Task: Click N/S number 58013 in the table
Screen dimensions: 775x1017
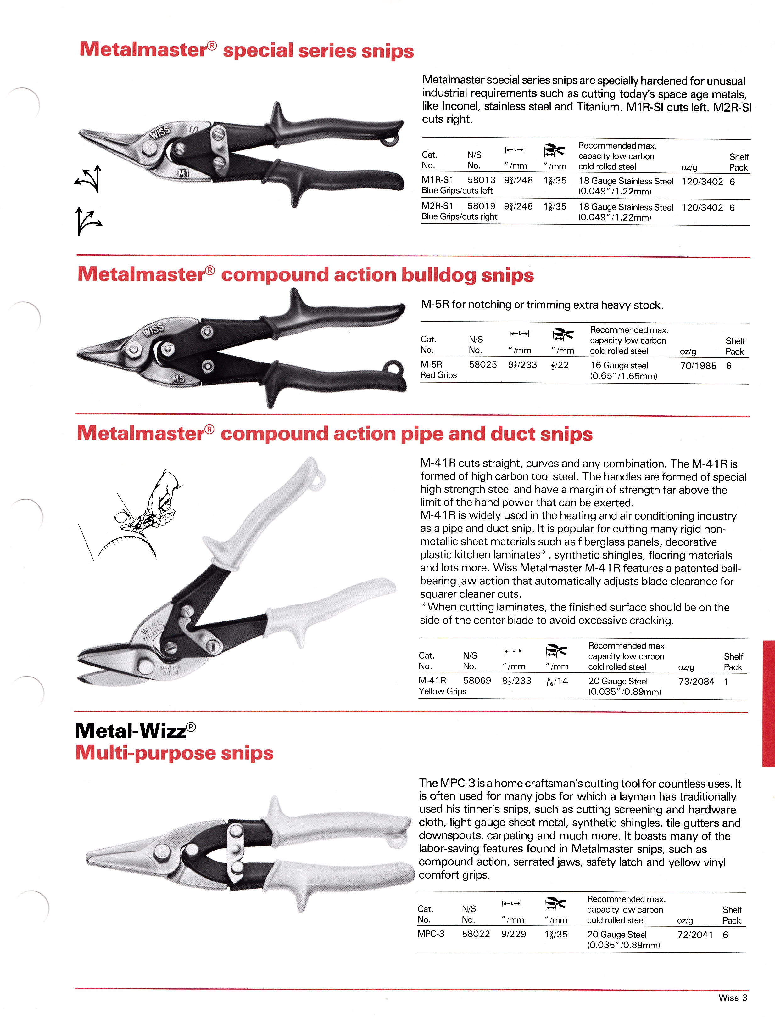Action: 481,180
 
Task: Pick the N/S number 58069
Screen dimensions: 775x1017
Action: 477,681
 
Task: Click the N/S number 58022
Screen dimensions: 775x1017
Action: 476,934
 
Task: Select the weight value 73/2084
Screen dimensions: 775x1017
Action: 696,682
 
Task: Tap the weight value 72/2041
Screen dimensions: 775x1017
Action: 695,935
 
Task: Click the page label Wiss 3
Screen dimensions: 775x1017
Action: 733,997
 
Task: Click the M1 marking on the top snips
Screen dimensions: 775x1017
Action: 184,173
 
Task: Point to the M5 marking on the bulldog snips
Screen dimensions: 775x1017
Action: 178,379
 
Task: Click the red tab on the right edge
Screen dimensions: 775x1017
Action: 768,703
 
